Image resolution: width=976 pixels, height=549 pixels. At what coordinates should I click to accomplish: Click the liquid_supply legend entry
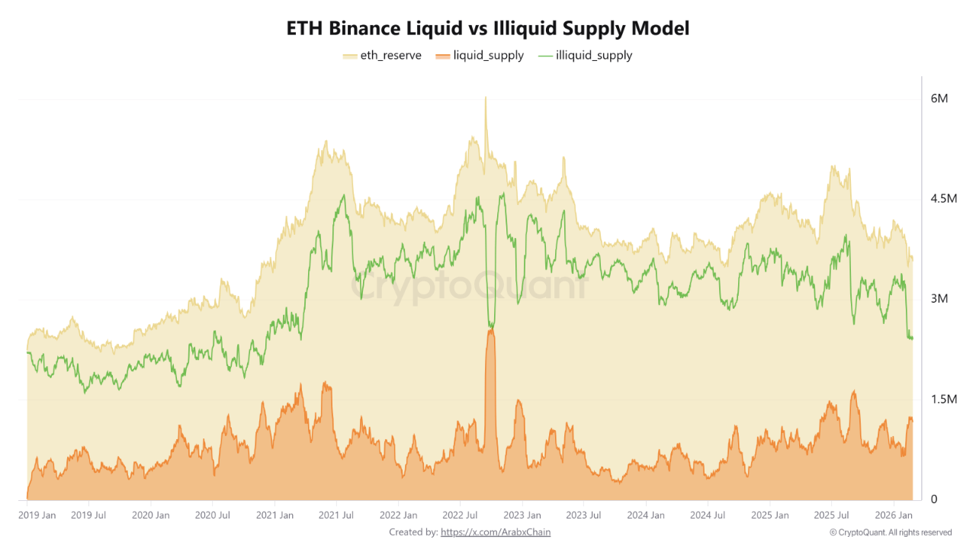click(x=480, y=55)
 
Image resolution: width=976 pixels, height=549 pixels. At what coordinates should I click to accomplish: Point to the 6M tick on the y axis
click(x=939, y=99)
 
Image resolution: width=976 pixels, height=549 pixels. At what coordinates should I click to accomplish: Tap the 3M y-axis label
click(x=939, y=299)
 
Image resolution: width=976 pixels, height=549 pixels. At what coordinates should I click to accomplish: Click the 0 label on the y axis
click(x=934, y=499)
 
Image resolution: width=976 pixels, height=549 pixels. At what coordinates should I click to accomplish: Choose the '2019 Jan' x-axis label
click(x=37, y=515)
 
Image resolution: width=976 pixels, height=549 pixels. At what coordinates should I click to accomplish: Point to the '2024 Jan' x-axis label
click(x=645, y=515)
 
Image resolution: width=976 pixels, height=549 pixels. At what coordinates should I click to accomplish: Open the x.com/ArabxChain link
click(x=496, y=532)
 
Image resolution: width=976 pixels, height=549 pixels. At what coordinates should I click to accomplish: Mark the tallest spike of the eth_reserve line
click(x=485, y=98)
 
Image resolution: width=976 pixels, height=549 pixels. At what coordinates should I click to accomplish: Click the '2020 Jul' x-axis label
click(x=213, y=515)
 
